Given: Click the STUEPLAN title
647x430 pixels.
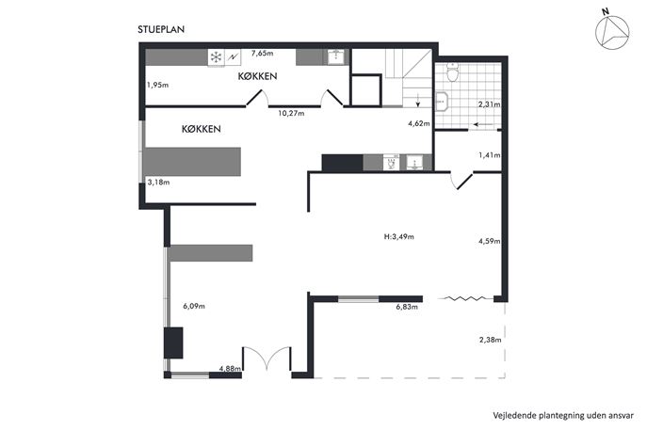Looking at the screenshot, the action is pos(161,29).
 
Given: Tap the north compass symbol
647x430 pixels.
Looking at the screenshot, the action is pos(612,32).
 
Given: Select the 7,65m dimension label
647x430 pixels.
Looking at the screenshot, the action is pos(263,53).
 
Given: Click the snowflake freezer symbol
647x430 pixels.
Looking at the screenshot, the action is pos(216,57).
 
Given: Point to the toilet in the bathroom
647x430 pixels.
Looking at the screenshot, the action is pos(453,73).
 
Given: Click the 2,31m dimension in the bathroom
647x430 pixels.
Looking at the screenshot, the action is pos(490,104).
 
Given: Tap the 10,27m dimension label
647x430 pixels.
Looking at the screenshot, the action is pos(291,113).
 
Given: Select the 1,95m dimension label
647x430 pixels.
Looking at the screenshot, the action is pos(157,85).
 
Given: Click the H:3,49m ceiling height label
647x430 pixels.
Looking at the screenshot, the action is pos(398,237).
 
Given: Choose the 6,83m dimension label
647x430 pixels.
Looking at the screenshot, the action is pos(407,307).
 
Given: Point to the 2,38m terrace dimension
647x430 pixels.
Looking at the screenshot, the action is pos(491,340).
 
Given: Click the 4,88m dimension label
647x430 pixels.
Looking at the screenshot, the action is pos(230,369).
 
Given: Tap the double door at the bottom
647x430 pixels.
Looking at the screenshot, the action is pos(267,358).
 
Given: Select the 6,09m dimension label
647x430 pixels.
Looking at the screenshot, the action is pos(193,306).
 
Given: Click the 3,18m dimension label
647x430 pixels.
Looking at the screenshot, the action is pos(158,182).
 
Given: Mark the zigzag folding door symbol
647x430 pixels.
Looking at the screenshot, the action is pos(465,298).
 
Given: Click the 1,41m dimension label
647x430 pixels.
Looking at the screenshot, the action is pos(490,155).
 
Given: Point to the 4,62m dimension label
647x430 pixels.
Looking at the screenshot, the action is pos(419,123).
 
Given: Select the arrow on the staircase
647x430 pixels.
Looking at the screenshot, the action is pos(418,100).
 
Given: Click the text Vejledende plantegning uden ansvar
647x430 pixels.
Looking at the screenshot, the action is pos(563,415).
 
